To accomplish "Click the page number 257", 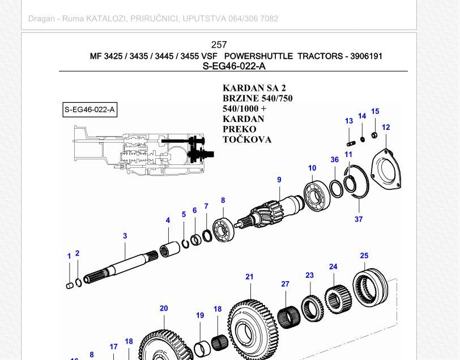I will pyautogui.click(x=219, y=45).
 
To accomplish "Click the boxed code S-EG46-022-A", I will pyautogui.click(x=90, y=109).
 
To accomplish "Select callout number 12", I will pyautogui.click(x=386, y=128).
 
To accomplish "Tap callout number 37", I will pyautogui.click(x=359, y=219).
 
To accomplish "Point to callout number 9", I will pyautogui.click(x=279, y=180).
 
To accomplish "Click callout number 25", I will pyautogui.click(x=364, y=256).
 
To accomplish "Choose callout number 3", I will pyautogui.click(x=125, y=236).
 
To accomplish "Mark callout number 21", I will pyautogui.click(x=249, y=277).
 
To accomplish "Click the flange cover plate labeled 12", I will pyautogui.click(x=386, y=170).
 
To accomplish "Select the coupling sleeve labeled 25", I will pyautogui.click(x=370, y=286).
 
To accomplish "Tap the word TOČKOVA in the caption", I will pyautogui.click(x=247, y=139).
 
